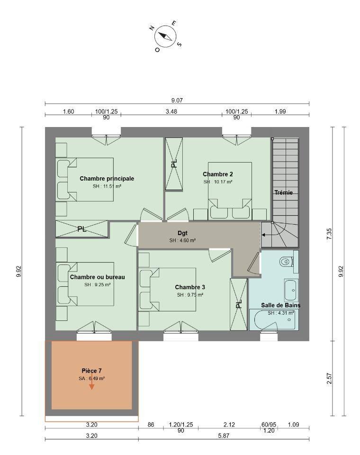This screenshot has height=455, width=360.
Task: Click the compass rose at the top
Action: pyautogui.click(x=165, y=37)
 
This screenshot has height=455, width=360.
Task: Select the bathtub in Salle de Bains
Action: pyautogui.click(x=274, y=320)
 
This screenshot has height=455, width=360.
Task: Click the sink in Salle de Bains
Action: pyautogui.click(x=291, y=290)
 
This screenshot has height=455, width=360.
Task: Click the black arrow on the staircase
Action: pyautogui.click(x=269, y=235)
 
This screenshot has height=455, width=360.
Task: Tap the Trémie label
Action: pyautogui.click(x=283, y=192)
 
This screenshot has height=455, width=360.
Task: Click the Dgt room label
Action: pyautogui.click(x=182, y=233)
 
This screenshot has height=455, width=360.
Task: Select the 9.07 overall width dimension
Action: pyautogui.click(x=177, y=100)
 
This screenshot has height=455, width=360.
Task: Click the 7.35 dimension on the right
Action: pyautogui.click(x=329, y=234)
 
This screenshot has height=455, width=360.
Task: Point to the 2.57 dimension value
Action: pyautogui.click(x=329, y=378)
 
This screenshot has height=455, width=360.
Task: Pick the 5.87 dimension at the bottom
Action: pyautogui.click(x=224, y=436)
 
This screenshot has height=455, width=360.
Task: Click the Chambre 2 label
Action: pyautogui.click(x=217, y=174)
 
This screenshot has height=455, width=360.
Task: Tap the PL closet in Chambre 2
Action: pyautogui.click(x=174, y=164)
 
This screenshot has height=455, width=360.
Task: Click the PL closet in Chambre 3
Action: pyautogui.click(x=239, y=304)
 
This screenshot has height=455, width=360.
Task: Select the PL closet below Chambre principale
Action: pyautogui.click(x=81, y=229)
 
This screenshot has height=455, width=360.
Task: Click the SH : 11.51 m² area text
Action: pyautogui.click(x=107, y=186)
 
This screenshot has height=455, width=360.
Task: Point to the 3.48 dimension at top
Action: pyautogui.click(x=171, y=111)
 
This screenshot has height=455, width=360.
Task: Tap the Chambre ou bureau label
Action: pyautogui.click(x=98, y=277)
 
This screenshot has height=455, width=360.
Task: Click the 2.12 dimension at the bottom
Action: pyautogui.click(x=229, y=425)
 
